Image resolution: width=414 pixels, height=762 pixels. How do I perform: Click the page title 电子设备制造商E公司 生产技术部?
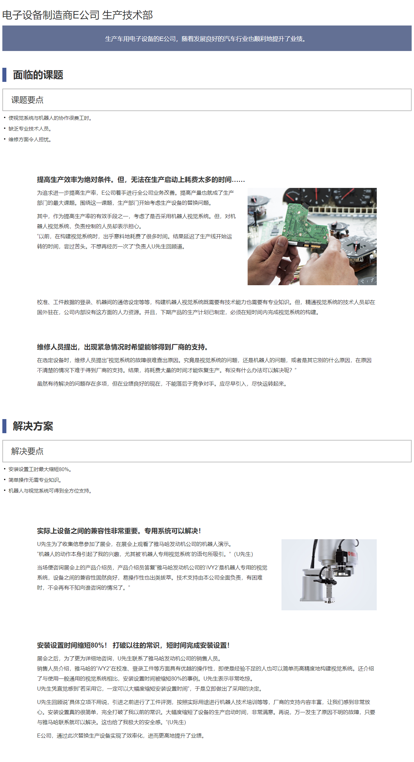pos(77,15)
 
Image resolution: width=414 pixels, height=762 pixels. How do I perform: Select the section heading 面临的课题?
pos(38,75)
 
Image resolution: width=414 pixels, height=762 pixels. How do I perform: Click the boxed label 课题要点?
pos(27,100)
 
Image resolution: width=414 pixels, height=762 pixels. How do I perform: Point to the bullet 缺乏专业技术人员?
pos(30,129)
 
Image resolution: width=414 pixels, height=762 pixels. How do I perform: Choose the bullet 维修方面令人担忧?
pos(30,140)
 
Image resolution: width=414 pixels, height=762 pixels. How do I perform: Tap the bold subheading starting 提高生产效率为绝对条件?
pos(141,180)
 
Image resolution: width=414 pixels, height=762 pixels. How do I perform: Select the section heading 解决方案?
pos(33,426)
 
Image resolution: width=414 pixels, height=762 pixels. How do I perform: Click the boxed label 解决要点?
pos(27,451)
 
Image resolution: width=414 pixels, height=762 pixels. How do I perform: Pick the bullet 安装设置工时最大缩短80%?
pos(40,469)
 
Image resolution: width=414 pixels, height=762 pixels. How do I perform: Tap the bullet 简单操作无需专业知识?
pos(35,480)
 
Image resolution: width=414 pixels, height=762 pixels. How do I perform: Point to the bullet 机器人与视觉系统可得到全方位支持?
pos(50,491)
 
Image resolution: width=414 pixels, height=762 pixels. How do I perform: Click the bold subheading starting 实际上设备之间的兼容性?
pos(119,531)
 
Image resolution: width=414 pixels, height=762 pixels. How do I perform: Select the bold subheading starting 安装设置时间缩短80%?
pos(134,645)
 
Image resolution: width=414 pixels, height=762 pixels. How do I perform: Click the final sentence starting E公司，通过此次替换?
pos(121,736)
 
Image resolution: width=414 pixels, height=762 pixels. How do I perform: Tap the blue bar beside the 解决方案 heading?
pos(4,426)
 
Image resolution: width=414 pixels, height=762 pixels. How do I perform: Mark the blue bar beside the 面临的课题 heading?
pos(4,75)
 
